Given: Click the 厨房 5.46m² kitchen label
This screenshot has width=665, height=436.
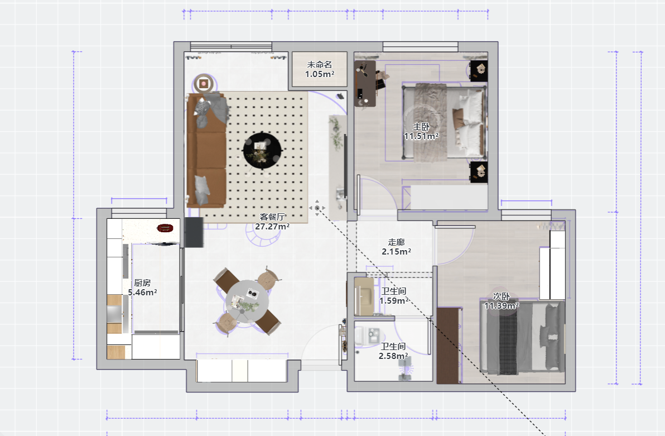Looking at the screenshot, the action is coord(142,288).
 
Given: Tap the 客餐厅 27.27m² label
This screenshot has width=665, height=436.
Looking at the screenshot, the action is coord(272,222).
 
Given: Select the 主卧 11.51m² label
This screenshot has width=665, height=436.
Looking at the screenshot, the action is coord(421,131).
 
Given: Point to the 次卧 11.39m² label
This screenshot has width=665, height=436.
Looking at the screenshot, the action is coord(502,301).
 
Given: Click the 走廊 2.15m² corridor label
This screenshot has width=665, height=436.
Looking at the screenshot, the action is coord(396,247).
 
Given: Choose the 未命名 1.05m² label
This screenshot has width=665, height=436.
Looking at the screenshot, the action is coord(320,69).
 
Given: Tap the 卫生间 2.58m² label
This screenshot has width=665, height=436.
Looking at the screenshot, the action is coord(393,351).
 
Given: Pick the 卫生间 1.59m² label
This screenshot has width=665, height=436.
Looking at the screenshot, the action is coord(393,296).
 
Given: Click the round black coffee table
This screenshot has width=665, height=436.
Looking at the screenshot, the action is coord(262,151).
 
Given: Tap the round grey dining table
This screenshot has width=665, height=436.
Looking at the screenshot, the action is coord(247,301).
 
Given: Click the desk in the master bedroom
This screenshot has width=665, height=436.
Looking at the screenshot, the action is coord(365,83).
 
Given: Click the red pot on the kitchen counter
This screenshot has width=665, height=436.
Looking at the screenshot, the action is coord(165,228).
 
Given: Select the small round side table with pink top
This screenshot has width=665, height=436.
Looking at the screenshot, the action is coord(204,84).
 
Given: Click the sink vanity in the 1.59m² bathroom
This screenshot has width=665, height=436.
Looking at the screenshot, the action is coord(364,296).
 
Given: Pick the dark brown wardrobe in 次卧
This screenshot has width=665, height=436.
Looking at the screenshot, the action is coord(448,346).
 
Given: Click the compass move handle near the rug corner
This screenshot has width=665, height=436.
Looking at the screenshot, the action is coord(317,208).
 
